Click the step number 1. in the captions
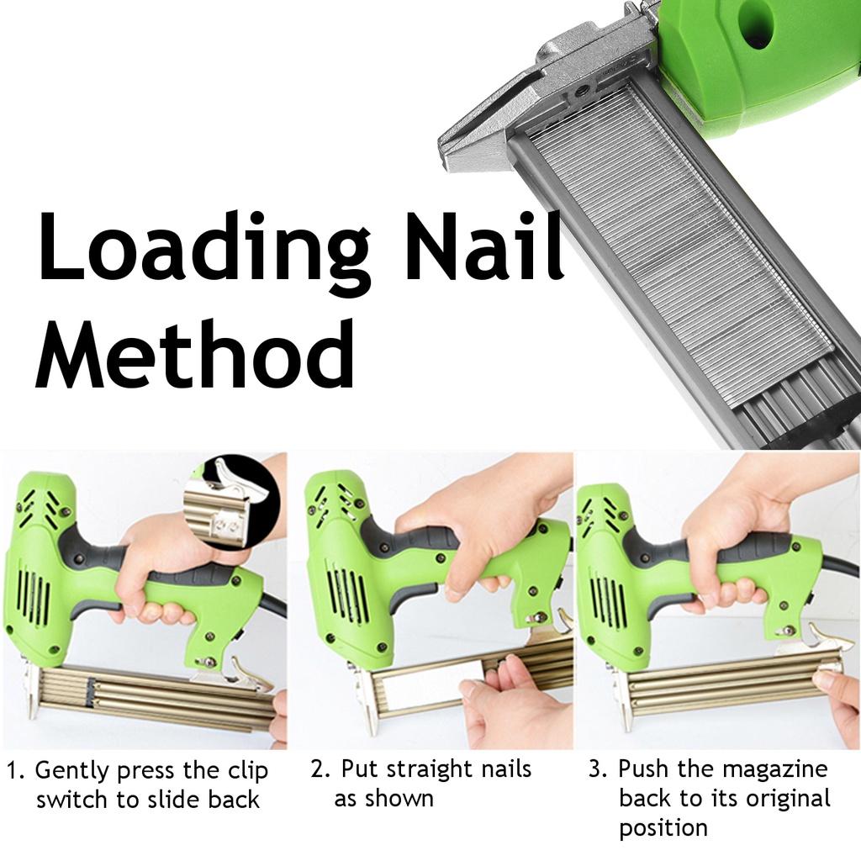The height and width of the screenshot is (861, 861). pos(16,771)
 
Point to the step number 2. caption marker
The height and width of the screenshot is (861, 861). pos(320,769)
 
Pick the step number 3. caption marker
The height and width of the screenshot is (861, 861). pos(597,769)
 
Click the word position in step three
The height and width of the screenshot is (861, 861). pos(663,828)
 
